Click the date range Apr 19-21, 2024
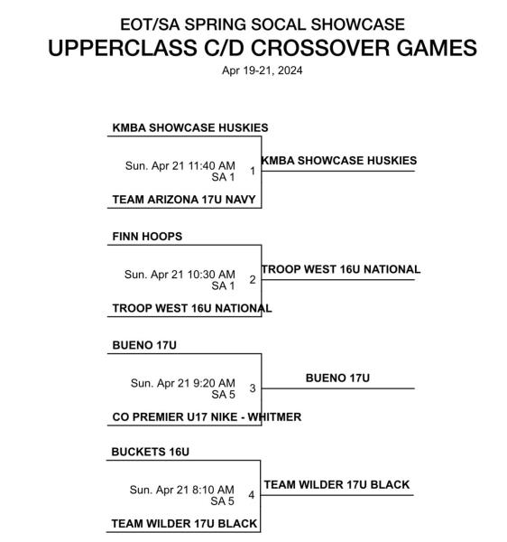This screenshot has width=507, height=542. pos(262,70)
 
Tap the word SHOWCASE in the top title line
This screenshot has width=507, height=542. pos(357,24)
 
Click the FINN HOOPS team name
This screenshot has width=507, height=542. pos(147,237)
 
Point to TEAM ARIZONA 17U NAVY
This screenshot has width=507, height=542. pos(184,200)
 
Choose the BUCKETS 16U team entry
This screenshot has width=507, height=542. pos(150,452)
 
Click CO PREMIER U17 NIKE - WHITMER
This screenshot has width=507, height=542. pos(207,416)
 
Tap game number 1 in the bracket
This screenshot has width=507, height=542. pos(253,171)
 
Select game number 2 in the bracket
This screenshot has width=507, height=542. pos(253,279)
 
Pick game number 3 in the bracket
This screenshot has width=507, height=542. pos(253,388)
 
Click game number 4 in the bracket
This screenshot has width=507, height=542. pos(252,495)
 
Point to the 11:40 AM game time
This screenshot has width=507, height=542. pos(212,165)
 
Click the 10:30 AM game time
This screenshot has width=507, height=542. pos(211,275)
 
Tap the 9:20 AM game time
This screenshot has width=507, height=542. pos(214,383)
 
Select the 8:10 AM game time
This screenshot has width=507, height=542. pos(213,490)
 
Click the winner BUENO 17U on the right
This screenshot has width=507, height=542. pos(337,378)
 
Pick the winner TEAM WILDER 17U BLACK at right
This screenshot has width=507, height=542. pos(336,484)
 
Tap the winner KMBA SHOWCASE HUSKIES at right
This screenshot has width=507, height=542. pos(339,161)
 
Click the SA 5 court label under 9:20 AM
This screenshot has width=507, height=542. pos(224,395)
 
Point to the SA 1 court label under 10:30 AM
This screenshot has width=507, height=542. pos(224,285)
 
